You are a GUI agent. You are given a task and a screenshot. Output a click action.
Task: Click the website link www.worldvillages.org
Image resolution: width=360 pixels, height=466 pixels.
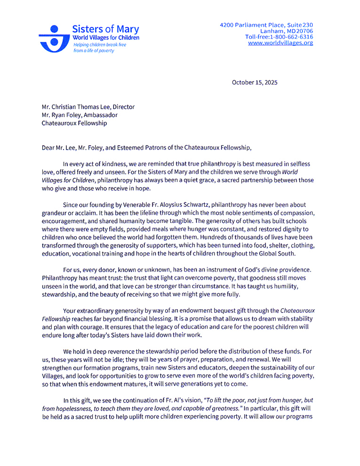(280, 43)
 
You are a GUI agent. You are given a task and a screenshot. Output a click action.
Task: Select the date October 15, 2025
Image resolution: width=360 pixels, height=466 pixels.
(255, 82)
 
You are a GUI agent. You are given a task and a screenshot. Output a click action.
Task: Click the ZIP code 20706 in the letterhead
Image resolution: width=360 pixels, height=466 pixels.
(304, 31)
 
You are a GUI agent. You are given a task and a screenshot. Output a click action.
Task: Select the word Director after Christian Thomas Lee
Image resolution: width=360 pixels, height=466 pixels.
(123, 107)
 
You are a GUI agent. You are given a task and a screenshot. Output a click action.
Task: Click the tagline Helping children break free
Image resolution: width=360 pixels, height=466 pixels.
(99, 44)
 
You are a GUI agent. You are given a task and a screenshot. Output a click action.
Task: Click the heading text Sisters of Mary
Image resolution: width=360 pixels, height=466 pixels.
(105, 29)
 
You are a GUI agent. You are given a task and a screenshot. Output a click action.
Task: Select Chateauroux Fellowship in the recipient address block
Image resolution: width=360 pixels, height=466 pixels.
(74, 123)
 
